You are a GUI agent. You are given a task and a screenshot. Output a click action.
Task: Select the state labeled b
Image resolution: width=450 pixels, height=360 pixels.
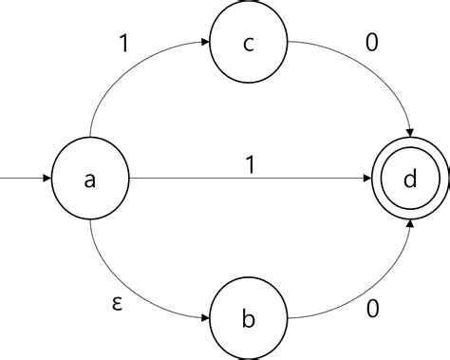(248, 318)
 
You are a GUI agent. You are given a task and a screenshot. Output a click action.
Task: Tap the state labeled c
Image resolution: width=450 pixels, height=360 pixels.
(248, 42)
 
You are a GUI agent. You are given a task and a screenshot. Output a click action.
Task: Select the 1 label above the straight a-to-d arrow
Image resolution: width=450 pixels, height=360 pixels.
(250, 164)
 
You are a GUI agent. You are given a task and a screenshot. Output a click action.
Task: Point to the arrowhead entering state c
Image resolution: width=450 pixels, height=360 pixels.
(204, 42)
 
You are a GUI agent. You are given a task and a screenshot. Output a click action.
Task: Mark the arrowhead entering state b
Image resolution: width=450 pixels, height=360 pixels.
(204, 318)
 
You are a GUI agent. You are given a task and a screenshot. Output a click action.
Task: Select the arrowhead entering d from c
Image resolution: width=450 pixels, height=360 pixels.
(410, 135)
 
